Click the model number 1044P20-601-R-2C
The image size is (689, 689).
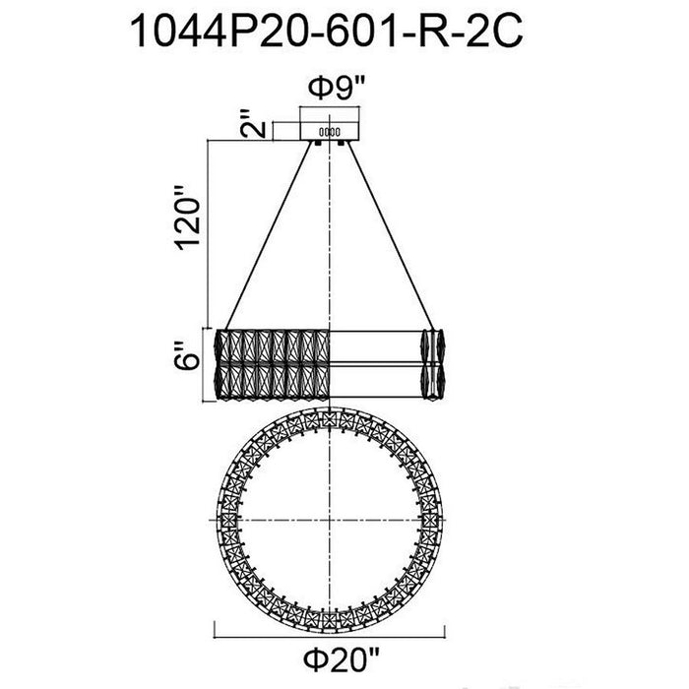[327, 31]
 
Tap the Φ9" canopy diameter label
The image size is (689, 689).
[337, 88]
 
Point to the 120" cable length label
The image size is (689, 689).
[189, 218]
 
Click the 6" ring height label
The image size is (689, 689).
[186, 355]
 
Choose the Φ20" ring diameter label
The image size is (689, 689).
[341, 659]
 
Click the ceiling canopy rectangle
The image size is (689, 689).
[330, 131]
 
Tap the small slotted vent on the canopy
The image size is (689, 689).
[329, 131]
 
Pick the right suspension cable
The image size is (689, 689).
[391, 235]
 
